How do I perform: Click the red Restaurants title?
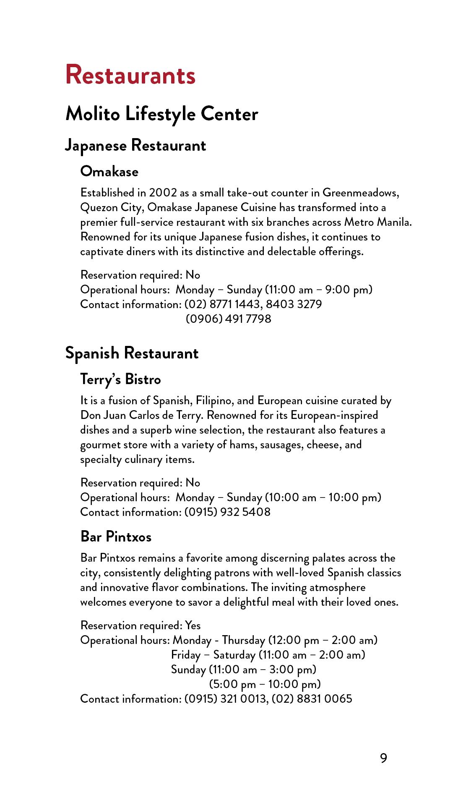click(x=130, y=75)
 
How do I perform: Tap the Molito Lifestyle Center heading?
click(x=161, y=114)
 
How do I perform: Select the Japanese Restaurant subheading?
click(x=135, y=146)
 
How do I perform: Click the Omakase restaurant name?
click(x=109, y=171)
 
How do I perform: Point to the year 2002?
click(x=163, y=193)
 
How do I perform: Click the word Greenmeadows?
click(x=360, y=193)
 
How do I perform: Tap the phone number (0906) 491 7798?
click(x=228, y=319)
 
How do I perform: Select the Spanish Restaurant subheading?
click(x=132, y=353)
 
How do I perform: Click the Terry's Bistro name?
click(x=120, y=379)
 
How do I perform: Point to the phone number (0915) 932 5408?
click(x=227, y=512)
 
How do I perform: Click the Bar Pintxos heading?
click(x=116, y=537)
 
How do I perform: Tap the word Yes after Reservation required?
click(x=193, y=625)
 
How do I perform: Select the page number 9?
click(x=383, y=758)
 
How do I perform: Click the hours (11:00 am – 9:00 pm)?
click(x=319, y=290)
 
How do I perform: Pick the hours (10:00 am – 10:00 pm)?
click(x=323, y=497)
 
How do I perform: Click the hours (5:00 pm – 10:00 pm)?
click(x=265, y=684)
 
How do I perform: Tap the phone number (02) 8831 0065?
click(x=312, y=699)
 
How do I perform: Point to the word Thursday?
click(x=244, y=640)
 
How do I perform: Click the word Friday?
click(x=186, y=655)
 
